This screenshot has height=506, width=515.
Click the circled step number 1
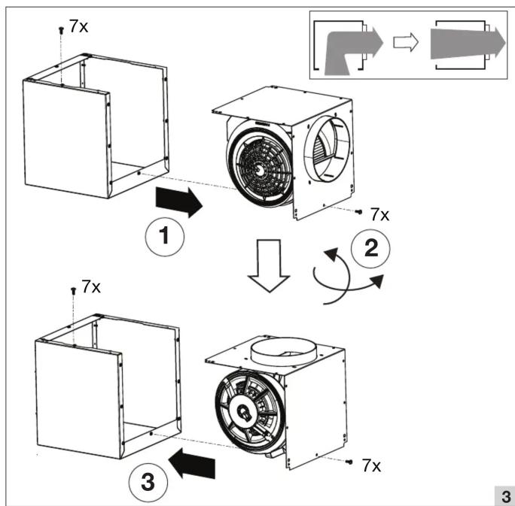coord(165,237)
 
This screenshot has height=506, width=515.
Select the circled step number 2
coord(370,248)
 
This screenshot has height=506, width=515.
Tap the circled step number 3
coord(148,483)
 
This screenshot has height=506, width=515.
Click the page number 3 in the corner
coord(506,496)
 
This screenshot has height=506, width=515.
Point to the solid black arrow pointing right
coord(179,201)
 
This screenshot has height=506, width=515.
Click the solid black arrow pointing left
coord(192,463)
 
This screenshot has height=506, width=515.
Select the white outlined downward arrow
coord(269,265)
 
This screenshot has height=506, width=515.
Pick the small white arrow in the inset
coord(406,42)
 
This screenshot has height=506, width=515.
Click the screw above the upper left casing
coord(61,30)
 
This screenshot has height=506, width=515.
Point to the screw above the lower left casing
coord(73,290)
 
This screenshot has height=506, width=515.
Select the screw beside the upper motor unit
coord(359,212)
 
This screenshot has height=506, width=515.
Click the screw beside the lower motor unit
coord(349,462)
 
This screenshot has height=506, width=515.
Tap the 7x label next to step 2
coord(380,215)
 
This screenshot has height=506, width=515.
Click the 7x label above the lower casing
coord(91,286)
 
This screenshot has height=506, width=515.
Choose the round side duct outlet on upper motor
coord(327,149)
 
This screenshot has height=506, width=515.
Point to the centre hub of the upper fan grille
coord(260,169)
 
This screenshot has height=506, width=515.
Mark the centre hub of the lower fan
coord(244,412)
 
